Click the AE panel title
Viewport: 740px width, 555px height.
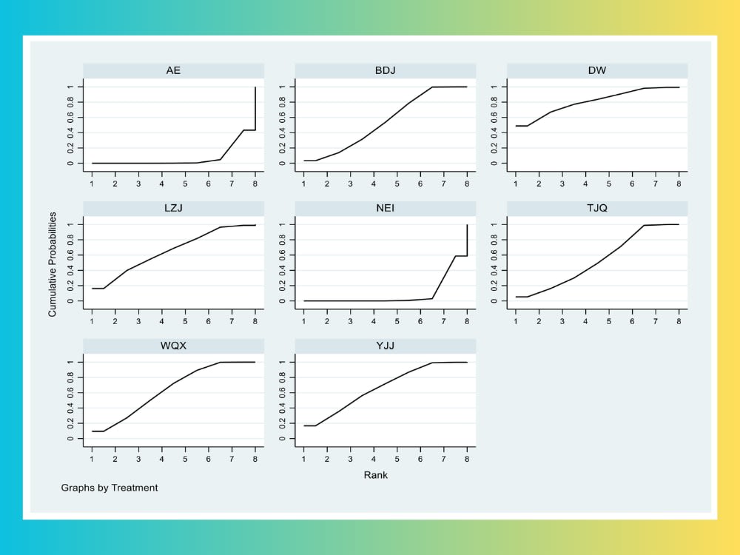[173, 70]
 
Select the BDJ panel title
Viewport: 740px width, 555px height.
[385, 70]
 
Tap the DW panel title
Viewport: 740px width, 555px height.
[597, 70]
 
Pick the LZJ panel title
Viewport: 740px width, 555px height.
[173, 208]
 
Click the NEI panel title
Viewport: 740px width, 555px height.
[385, 208]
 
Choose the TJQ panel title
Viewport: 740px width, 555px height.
[597, 208]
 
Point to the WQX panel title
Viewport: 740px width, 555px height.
[173, 346]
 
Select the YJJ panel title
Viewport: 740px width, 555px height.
[385, 346]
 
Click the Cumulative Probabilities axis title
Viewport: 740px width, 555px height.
[53, 264]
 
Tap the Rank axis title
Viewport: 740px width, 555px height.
[375, 475]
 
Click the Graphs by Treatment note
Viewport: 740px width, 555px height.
[110, 488]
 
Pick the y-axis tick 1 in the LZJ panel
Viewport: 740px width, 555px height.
[72, 224]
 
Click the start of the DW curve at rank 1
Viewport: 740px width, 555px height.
[516, 126]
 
